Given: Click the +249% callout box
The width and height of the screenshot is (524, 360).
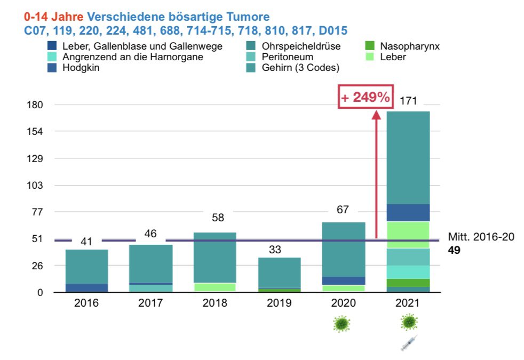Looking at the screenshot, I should (366, 97).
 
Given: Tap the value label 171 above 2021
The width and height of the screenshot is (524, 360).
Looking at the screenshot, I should (408, 100).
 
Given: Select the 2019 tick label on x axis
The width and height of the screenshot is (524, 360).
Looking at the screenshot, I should (279, 303).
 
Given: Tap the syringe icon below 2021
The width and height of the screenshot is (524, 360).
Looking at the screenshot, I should (409, 343).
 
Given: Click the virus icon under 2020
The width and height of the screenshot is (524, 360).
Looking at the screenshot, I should (342, 323).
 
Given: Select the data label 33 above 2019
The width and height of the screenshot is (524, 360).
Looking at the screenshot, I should (275, 250).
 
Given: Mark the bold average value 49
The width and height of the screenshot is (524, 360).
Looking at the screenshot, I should (454, 250).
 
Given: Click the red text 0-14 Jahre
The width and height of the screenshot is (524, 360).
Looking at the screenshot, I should (54, 17).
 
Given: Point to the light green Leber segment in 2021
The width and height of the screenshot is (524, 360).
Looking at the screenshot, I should (408, 235).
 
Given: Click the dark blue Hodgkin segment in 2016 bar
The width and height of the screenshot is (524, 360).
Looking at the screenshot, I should (86, 288).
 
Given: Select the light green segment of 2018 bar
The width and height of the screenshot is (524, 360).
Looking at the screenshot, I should (215, 287).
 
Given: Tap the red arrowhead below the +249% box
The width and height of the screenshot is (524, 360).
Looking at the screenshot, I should (376, 114).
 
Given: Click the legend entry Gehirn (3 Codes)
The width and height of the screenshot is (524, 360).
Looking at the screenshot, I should (300, 67).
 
